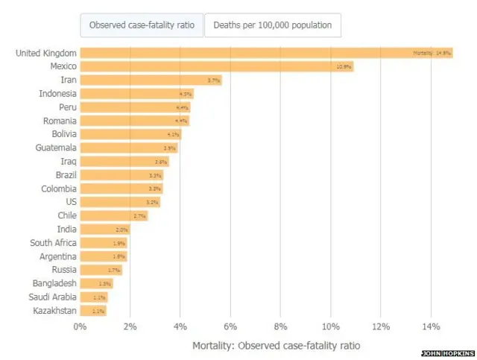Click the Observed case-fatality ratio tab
point(142,25)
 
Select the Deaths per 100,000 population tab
point(273,25)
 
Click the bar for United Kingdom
point(266,53)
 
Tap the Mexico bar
point(216,66)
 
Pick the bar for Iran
point(151,80)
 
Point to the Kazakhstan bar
point(93,310)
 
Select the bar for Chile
point(113,215)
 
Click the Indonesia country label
point(57,93)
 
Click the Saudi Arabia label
point(54,297)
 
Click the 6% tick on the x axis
point(230,326)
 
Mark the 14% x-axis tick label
point(431,326)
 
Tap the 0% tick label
point(80,326)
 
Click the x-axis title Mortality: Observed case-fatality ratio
point(276,345)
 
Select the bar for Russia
point(101,270)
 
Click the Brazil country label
point(66,174)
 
